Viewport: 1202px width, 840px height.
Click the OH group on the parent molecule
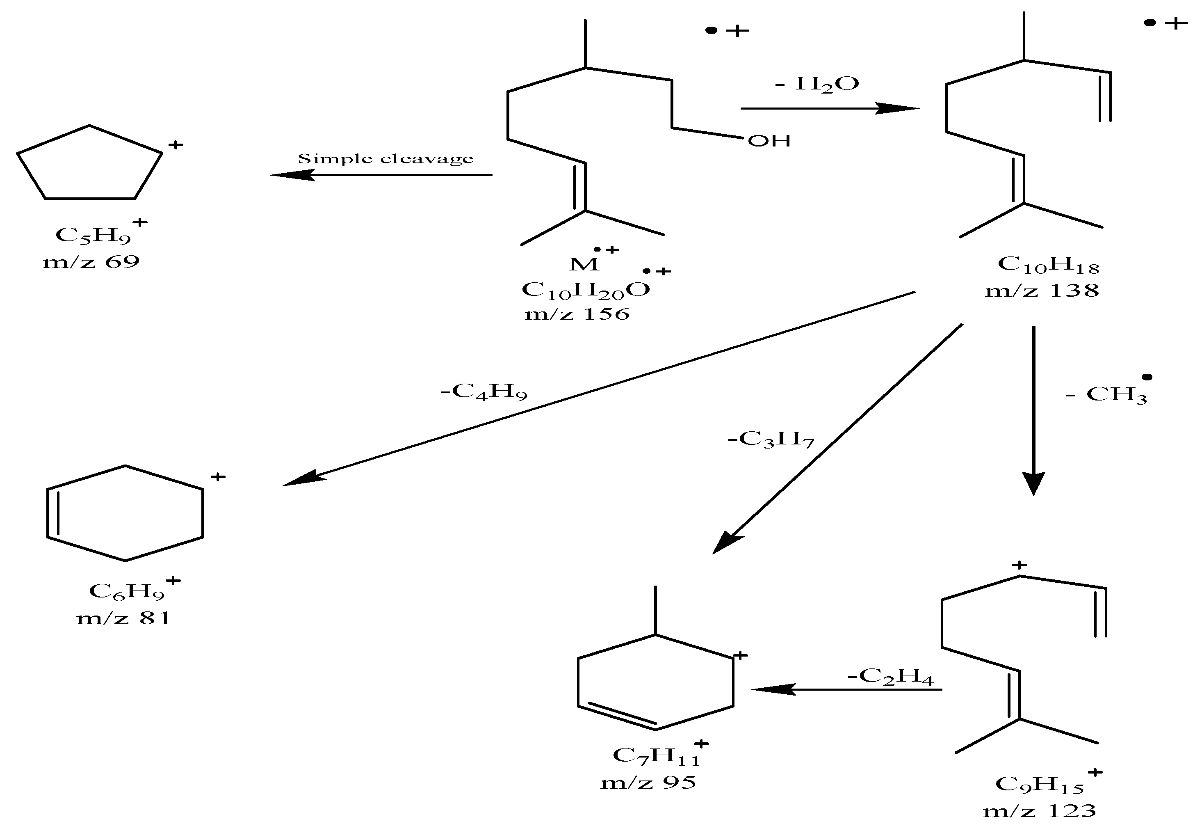pyautogui.click(x=769, y=141)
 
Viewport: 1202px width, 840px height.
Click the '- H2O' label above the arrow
pyautogui.click(x=817, y=84)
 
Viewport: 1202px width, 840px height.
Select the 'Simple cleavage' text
pyautogui.click(x=385, y=159)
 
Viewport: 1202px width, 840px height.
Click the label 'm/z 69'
pyautogui.click(x=91, y=261)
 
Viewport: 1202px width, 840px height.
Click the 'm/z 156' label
pyautogui.click(x=577, y=314)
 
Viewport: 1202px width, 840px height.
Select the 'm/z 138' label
pyautogui.click(x=1042, y=290)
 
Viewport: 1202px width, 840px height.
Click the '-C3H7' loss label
pyautogui.click(x=771, y=439)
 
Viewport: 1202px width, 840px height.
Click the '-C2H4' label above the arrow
pyautogui.click(x=890, y=677)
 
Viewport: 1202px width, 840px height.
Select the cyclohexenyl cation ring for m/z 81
pyautogui.click(x=125, y=513)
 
